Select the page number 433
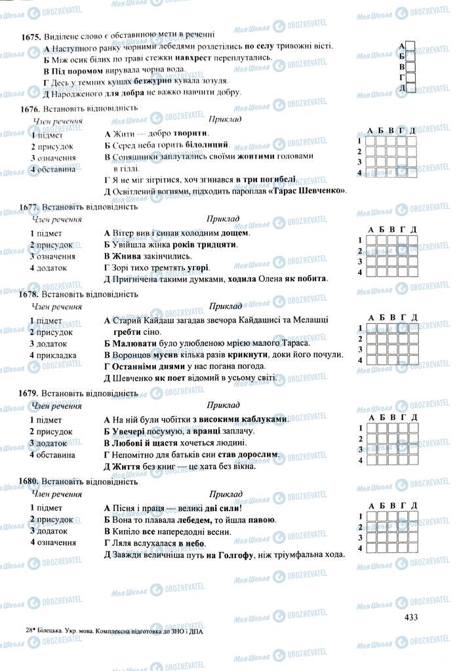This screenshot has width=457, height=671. click(x=411, y=616)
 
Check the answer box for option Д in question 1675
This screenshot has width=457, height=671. click(x=410, y=88)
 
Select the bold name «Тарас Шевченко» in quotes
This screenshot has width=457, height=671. click(x=311, y=191)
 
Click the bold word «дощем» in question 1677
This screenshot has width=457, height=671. click(x=235, y=233)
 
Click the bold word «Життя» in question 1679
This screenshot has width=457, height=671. click(x=124, y=467)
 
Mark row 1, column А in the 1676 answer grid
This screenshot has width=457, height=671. click(x=370, y=140)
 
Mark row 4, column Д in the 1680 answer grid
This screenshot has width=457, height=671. click(x=412, y=547)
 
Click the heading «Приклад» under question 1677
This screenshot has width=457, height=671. click(x=224, y=218)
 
